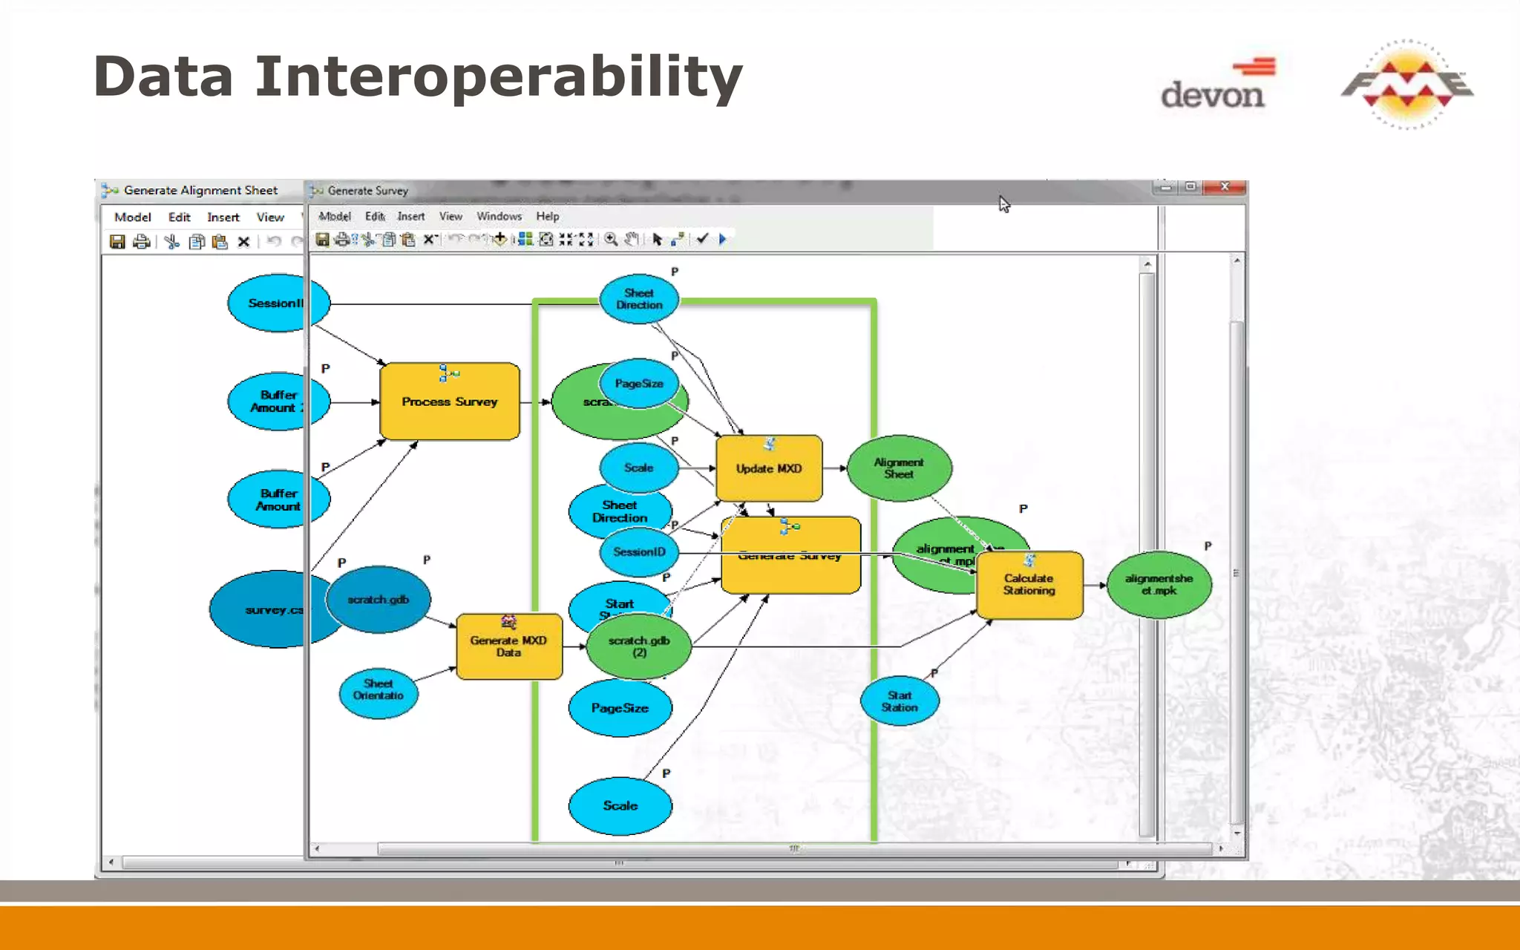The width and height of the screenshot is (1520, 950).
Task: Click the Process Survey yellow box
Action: click(x=449, y=402)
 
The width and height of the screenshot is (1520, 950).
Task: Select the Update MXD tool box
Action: click(x=769, y=468)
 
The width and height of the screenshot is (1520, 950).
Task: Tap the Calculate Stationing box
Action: click(x=1029, y=585)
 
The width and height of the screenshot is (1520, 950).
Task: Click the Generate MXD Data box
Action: click(x=508, y=646)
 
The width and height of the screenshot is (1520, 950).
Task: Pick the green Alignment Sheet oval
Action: click(x=899, y=468)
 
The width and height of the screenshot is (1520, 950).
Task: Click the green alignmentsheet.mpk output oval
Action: click(x=1159, y=585)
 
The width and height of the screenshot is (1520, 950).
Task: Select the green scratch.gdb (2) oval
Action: click(x=639, y=646)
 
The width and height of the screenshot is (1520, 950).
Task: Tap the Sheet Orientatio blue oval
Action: click(x=379, y=689)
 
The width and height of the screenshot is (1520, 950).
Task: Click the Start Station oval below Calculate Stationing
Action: click(x=900, y=701)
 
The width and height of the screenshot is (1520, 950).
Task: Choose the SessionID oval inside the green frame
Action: click(x=639, y=552)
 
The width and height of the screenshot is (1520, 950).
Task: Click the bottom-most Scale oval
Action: click(x=620, y=806)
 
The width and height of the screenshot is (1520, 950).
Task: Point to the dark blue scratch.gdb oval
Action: click(x=379, y=600)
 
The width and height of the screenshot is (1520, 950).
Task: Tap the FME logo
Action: click(x=1407, y=84)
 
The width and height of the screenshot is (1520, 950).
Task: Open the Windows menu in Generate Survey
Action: click(x=499, y=217)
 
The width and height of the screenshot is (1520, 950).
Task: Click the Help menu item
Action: click(x=548, y=217)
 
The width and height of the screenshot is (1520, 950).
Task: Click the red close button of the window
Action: click(x=1225, y=187)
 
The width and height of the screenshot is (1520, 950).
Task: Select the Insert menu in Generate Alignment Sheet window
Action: click(x=223, y=217)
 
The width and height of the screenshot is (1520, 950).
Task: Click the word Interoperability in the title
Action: click(x=498, y=77)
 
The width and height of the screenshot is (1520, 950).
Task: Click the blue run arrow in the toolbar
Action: click(x=722, y=239)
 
